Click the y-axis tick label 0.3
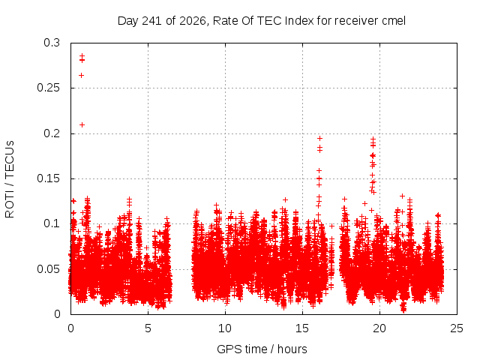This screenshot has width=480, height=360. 52,43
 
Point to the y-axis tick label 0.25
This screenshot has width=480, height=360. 48,88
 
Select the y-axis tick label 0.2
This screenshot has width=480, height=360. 52,133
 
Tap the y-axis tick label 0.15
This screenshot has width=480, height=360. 48,178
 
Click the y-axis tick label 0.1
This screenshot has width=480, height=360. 52,223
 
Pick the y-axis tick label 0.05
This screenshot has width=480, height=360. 48,269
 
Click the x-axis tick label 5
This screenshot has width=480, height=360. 148,328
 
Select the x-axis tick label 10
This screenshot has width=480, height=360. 225,328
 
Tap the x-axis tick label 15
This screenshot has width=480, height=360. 302,328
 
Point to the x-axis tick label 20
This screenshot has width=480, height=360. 379,328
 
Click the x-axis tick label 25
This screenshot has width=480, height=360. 457,328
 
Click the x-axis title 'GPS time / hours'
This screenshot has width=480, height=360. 262,349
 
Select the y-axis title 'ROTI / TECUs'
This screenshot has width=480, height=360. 10,179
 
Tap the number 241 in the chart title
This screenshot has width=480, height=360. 152,21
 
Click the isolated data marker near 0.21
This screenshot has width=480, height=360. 82,125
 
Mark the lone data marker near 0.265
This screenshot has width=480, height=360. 82,75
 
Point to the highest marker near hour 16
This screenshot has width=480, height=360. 320,138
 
